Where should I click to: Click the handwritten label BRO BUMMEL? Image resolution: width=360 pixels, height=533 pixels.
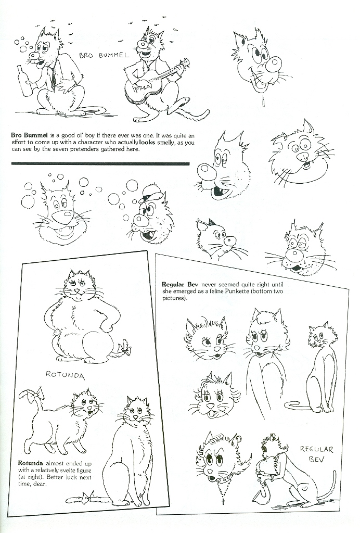104,55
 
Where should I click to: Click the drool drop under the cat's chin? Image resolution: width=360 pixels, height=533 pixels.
263,102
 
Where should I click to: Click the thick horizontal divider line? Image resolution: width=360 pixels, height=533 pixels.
100,163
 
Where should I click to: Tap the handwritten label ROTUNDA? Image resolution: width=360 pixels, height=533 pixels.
65,375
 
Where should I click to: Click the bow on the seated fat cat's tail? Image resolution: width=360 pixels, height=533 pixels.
124,348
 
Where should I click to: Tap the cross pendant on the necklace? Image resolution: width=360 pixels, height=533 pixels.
223,501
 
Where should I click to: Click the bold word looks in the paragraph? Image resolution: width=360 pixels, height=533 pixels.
147,143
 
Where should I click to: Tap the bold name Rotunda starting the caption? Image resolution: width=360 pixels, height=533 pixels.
30,463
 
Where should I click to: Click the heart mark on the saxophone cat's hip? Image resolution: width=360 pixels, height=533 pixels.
305,489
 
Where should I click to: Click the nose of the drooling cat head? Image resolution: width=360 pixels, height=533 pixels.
274,64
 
